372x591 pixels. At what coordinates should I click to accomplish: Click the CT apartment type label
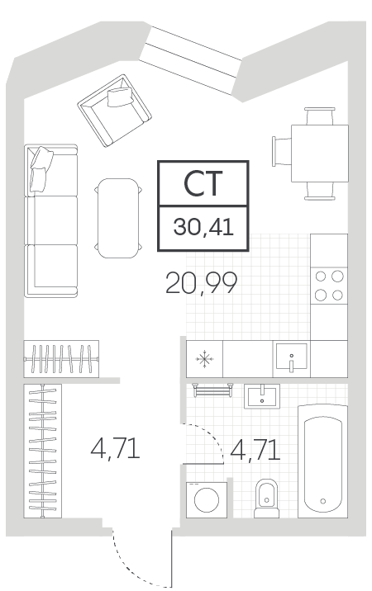203,183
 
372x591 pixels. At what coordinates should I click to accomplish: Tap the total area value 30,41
203,227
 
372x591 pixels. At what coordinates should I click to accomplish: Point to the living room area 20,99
202,282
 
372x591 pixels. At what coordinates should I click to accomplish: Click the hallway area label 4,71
115,448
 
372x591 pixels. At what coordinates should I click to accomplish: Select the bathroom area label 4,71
255,450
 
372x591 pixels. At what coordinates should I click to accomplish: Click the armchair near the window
114,111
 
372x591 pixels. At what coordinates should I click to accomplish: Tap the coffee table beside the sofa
118,218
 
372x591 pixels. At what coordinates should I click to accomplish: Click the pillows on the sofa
41,169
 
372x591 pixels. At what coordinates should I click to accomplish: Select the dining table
319,154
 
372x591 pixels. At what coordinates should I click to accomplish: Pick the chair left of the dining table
281,152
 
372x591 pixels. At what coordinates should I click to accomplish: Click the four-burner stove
329,286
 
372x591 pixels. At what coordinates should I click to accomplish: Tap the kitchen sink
291,357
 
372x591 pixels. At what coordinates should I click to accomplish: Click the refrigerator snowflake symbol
204,358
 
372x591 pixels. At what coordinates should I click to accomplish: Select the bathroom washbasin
262,396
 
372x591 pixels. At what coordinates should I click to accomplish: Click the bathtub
323,461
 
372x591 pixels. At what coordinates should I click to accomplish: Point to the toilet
266,499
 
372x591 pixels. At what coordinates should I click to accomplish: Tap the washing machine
207,499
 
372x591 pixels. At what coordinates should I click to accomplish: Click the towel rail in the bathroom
212,390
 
